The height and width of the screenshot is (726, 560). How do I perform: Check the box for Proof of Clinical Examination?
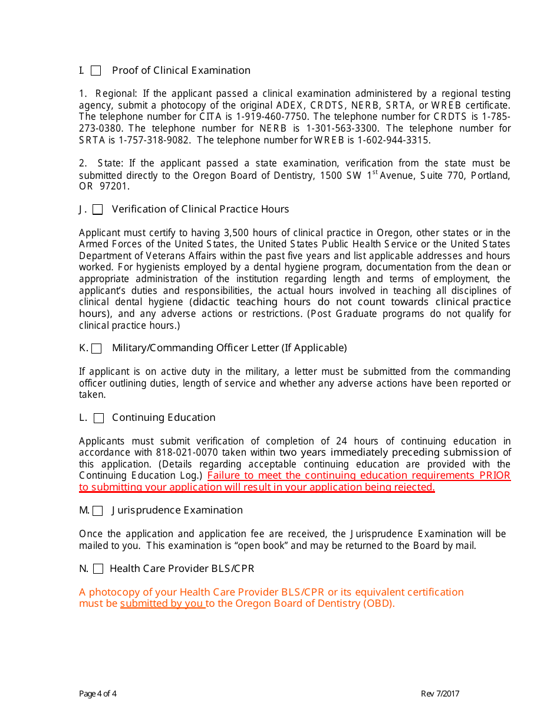pos(96,71)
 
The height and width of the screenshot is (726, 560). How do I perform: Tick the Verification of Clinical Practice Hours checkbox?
pos(98,210)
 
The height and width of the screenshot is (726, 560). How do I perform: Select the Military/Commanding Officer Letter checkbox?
pos(97,348)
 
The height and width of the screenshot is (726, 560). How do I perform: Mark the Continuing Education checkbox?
pos(99,418)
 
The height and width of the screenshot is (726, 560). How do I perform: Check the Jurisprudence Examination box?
pos(98,511)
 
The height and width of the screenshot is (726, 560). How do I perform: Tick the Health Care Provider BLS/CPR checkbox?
pos(98,569)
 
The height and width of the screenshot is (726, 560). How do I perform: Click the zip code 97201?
pos(116,187)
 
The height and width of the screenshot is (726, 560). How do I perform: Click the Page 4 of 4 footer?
pos(98,694)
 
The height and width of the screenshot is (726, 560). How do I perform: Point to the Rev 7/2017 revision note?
pos(440,694)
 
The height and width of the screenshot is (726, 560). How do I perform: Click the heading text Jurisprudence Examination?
pos(177,511)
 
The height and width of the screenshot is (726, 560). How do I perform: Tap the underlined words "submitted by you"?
pos(162,604)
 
